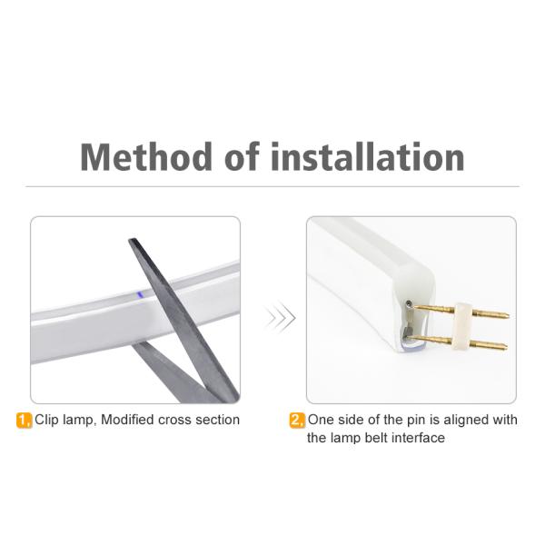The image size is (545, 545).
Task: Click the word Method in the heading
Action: pyautogui.click(x=146, y=157)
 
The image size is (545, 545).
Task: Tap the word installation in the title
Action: pyautogui.click(x=368, y=157)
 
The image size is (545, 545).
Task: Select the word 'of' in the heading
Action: pyautogui.click(x=243, y=157)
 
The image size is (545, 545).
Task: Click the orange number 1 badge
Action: pyautogui.click(x=24, y=421)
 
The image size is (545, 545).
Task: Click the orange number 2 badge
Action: pyautogui.click(x=297, y=421)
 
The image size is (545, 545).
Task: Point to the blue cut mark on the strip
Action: pyautogui.click(x=140, y=295)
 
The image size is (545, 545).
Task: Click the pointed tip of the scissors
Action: pyautogui.click(x=131, y=240)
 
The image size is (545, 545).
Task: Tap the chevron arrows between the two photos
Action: pyautogui.click(x=280, y=318)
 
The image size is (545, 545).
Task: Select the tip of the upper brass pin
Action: pyautogui.click(x=508, y=316)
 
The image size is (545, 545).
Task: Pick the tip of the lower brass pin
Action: pyautogui.click(x=506, y=347)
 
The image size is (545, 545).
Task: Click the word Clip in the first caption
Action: pyautogui.click(x=46, y=420)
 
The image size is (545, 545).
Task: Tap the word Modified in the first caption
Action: pyautogui.click(x=127, y=420)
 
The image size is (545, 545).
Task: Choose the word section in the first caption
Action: pyautogui.click(x=217, y=420)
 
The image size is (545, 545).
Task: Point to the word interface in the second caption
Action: pyautogui.click(x=418, y=438)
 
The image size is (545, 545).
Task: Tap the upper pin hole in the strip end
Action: pyautogui.click(x=408, y=305)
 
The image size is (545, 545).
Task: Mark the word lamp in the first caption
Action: pyautogui.click(x=78, y=421)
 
